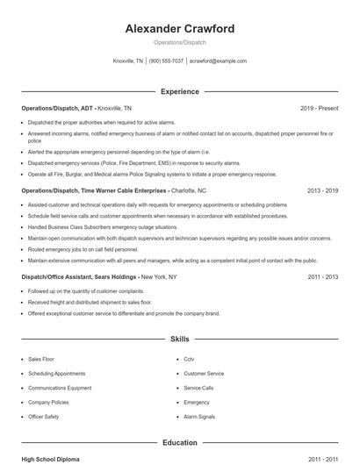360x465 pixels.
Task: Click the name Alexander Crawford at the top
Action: point(180,29)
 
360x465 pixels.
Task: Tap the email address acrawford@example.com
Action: point(218,61)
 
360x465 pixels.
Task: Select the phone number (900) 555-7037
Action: point(166,61)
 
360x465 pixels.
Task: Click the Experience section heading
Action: point(180,91)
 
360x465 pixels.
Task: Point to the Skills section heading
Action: point(180,338)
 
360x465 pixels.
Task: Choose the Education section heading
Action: point(180,443)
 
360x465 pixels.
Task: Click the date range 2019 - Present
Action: point(319,108)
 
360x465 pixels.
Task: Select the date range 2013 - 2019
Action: point(322,190)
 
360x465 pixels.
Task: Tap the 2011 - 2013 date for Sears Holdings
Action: point(322,276)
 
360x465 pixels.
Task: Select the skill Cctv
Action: point(189,359)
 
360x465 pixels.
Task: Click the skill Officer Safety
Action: point(44,416)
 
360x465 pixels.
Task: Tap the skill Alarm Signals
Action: point(199,416)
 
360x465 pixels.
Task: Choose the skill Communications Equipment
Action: point(60,387)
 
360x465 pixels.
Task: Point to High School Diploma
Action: point(52,459)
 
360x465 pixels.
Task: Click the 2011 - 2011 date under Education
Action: point(322,459)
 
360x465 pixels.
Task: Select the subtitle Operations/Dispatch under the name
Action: point(180,43)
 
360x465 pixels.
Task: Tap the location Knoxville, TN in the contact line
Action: point(128,61)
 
